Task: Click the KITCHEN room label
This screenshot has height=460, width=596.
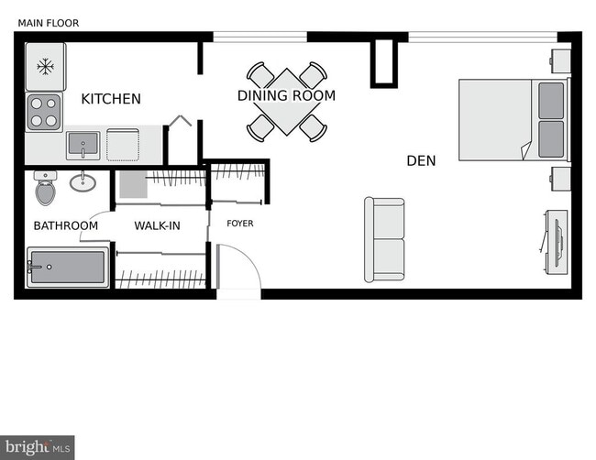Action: click(111, 99)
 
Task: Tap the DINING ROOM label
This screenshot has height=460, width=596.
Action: click(286, 95)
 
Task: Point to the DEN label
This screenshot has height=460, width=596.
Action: click(421, 160)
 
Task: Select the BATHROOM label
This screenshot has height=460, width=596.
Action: click(66, 225)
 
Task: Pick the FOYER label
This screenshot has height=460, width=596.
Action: click(240, 224)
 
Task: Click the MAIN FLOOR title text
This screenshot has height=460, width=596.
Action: click(43, 22)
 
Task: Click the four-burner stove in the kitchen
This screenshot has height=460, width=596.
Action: click(44, 112)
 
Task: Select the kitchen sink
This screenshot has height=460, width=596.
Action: click(83, 145)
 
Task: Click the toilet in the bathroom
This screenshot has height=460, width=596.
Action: click(45, 188)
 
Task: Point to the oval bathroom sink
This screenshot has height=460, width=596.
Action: click(83, 181)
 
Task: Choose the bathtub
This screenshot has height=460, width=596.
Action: click(68, 268)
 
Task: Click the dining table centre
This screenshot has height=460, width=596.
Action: click(287, 101)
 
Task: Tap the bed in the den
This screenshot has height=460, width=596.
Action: click(513, 120)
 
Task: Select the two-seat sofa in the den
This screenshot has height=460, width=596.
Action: click(385, 239)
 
